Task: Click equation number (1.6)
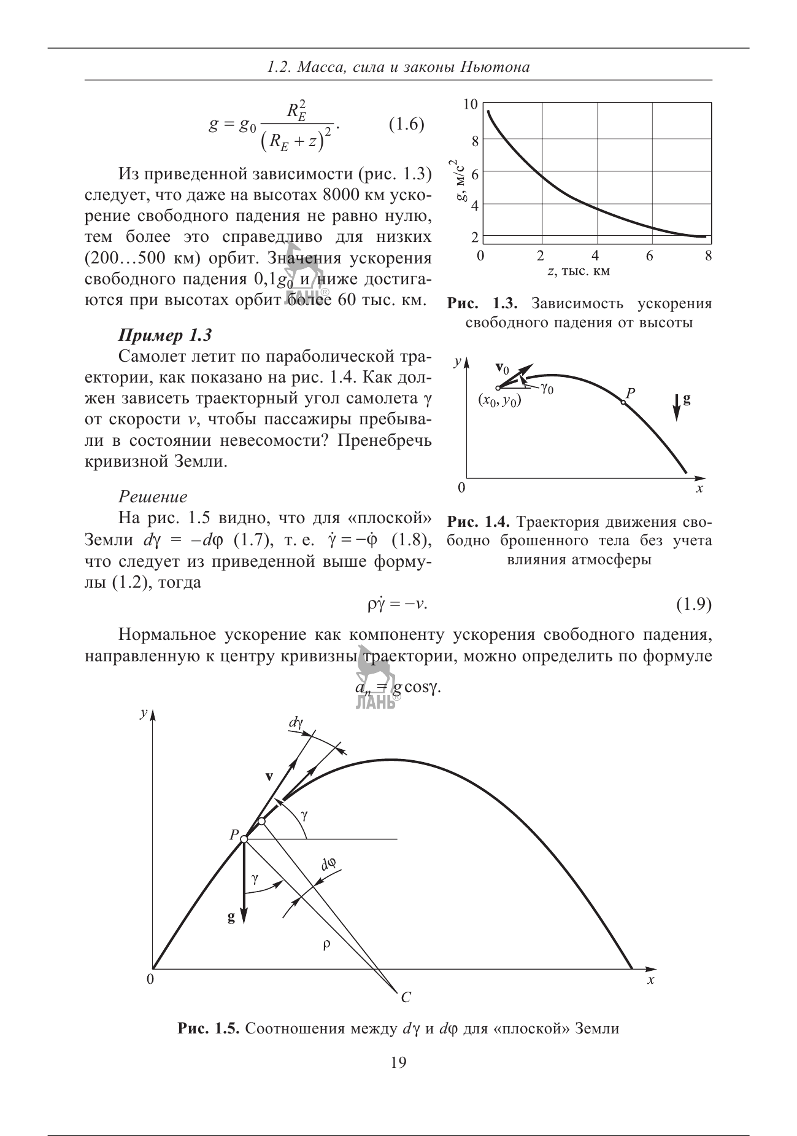[407, 124]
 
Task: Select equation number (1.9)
[693, 605]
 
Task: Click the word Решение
[153, 496]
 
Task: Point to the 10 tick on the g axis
[470, 104]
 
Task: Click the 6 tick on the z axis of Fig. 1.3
[650, 255]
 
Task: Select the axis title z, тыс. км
[579, 271]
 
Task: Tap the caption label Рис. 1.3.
[483, 303]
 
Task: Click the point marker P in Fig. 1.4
[623, 402]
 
